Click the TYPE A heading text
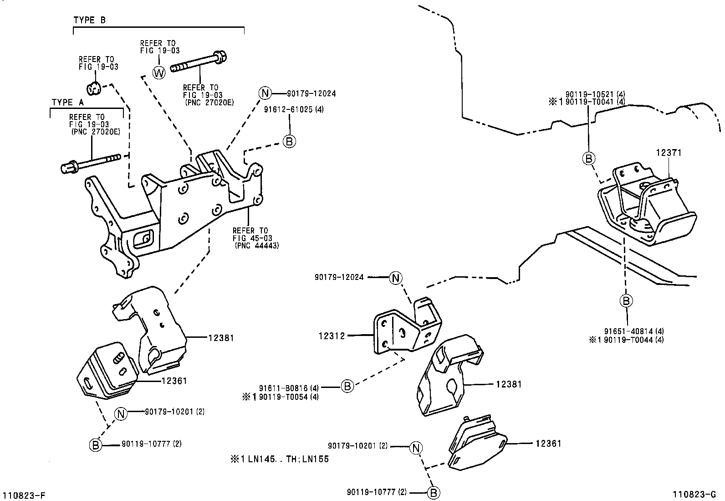[68, 102]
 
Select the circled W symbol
[159, 72]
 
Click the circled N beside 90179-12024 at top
[265, 93]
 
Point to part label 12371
[669, 153]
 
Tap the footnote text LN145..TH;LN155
[285, 459]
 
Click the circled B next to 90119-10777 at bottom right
[434, 492]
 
